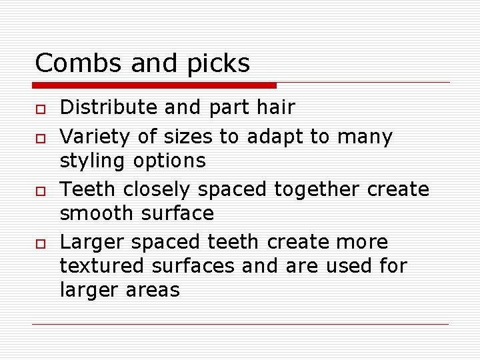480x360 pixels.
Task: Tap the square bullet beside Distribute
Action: coord(39,109)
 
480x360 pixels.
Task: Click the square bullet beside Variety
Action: coord(39,138)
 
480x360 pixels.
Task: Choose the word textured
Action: coord(103,265)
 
